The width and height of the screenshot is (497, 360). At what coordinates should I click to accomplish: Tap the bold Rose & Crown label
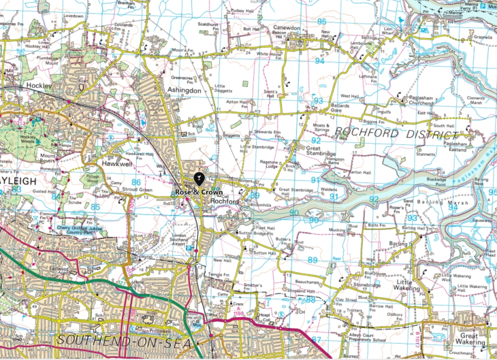(198, 193)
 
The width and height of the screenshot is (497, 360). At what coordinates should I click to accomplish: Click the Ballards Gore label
(340, 109)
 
